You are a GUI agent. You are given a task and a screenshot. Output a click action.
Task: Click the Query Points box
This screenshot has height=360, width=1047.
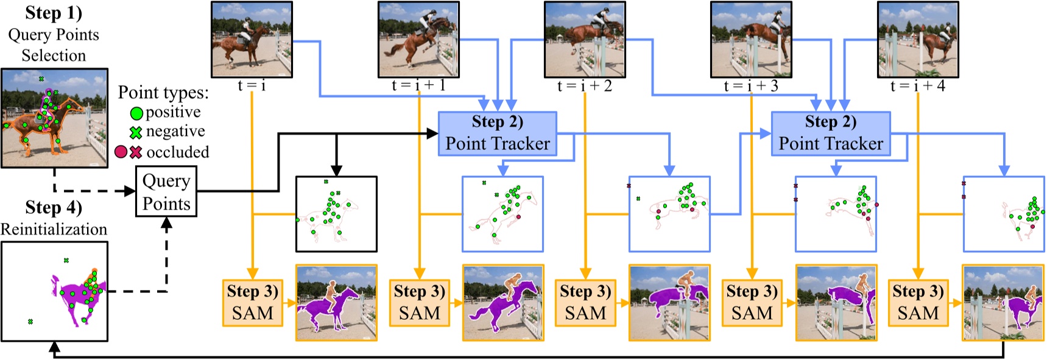point(166,192)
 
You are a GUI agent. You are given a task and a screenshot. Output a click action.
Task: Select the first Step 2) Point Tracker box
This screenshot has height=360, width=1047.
point(497,133)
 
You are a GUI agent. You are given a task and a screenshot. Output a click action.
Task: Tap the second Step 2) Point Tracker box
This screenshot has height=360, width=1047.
point(830,133)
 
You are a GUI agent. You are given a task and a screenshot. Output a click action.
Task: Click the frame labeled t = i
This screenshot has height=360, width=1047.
point(252,40)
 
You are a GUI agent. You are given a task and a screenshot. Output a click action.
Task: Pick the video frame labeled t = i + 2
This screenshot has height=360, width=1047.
point(585,40)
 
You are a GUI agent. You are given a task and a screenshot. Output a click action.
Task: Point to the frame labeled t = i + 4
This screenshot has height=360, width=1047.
point(917,40)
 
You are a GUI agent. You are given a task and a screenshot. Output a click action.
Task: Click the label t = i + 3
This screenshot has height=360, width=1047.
point(750,86)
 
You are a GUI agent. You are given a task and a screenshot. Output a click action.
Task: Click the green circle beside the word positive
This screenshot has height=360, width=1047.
point(136,113)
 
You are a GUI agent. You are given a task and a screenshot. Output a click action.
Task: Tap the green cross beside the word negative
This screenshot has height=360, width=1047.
point(136,132)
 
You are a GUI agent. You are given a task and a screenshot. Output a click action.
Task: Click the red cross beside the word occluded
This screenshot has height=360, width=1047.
point(136,152)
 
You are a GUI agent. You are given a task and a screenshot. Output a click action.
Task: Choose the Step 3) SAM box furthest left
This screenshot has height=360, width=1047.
point(252,303)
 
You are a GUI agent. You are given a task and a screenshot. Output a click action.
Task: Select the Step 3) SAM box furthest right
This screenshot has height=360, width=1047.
point(918,303)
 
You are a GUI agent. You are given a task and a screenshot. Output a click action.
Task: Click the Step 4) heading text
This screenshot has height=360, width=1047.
point(54,208)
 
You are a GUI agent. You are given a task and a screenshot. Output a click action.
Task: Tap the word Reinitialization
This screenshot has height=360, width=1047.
point(54,229)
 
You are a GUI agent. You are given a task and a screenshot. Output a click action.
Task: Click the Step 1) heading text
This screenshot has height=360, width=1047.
point(54,13)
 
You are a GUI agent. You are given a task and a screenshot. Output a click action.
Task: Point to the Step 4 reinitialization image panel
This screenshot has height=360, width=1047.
point(54,291)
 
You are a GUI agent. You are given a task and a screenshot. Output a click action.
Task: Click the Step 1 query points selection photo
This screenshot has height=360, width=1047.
point(54,118)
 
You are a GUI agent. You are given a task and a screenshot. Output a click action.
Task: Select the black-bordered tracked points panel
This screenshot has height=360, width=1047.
point(336,214)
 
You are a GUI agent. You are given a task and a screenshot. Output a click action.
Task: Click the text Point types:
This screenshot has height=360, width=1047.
point(163,93)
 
